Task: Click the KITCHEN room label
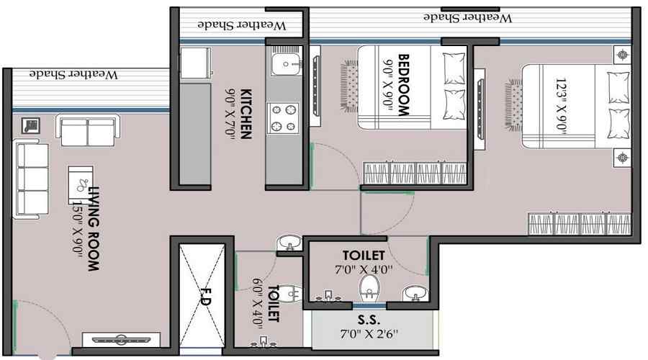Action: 246,113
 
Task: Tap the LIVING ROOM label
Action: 93,228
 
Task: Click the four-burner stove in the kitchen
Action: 283,118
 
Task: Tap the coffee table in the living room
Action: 81,184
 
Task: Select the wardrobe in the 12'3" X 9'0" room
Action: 580,223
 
